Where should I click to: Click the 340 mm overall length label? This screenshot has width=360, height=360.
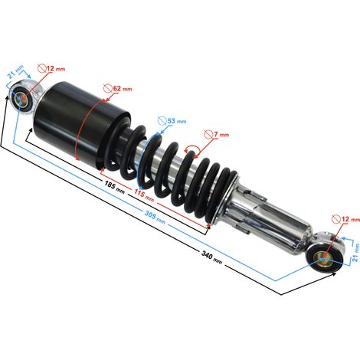click(211, 257)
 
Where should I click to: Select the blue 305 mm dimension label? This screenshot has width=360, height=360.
click(155, 217)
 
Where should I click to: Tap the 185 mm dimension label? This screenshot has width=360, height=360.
click(114, 187)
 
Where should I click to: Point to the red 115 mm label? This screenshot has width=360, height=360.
click(144, 195)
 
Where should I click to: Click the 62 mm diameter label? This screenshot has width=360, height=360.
click(123, 89)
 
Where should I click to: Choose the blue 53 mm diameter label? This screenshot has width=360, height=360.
click(177, 121)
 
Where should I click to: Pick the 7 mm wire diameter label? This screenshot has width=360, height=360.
click(221, 134)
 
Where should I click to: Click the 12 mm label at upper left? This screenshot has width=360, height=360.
click(56, 68)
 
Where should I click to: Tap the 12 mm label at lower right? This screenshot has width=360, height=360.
click(351, 219)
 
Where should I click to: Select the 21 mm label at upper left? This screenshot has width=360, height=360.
click(15, 72)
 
